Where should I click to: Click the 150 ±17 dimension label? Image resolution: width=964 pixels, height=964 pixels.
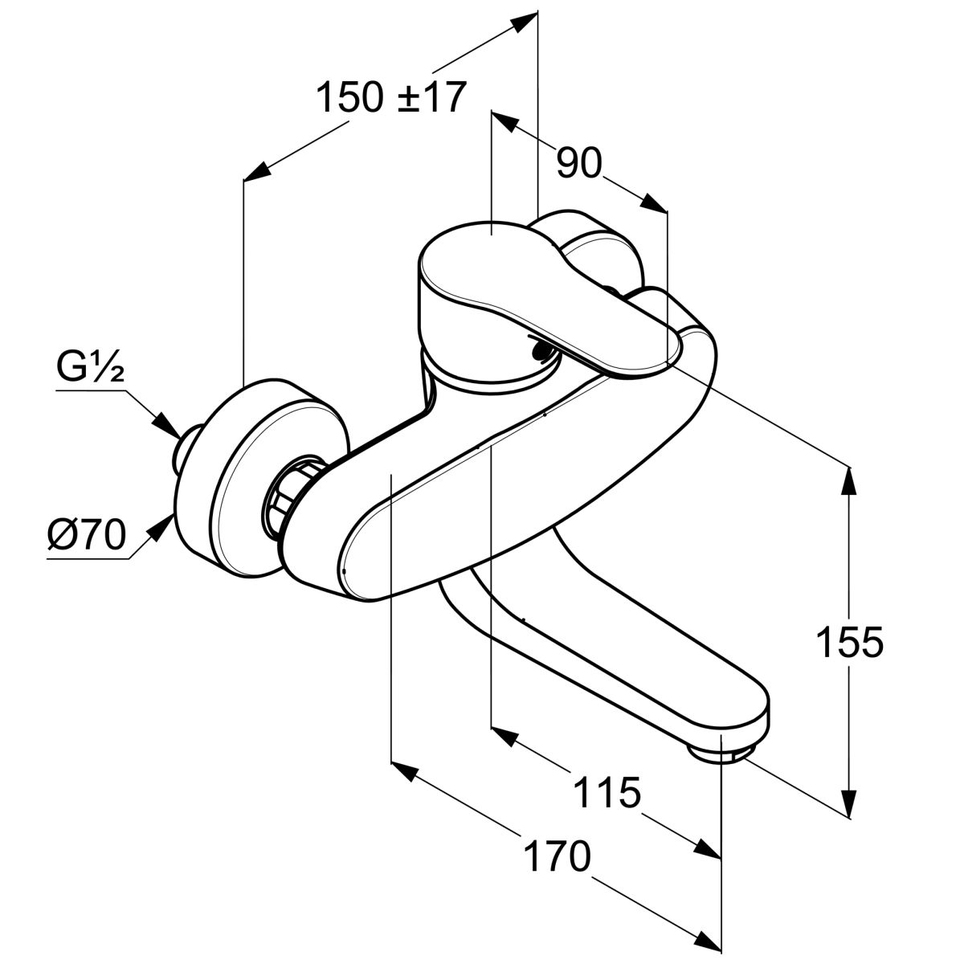[x=390, y=98]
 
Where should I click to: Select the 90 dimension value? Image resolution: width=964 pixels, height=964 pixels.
[x=579, y=164]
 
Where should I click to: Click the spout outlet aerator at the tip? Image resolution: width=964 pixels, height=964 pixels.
[x=721, y=753]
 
